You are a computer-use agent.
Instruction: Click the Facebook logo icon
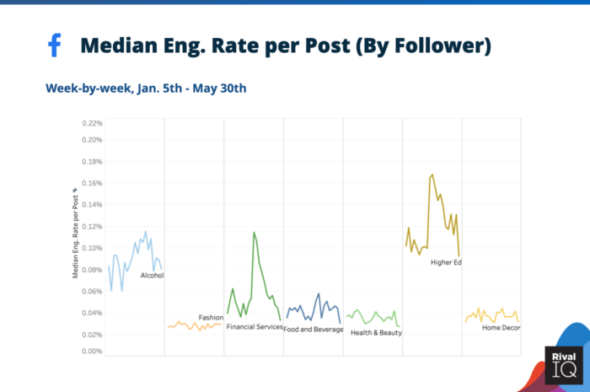click(x=55, y=46)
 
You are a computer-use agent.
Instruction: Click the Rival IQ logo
click(x=562, y=365)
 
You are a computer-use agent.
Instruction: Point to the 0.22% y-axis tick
click(x=91, y=123)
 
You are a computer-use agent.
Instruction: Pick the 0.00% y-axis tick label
click(x=91, y=352)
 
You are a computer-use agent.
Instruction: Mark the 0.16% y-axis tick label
click(x=91, y=183)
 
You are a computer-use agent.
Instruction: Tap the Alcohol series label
click(x=152, y=276)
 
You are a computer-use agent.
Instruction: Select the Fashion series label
click(x=211, y=318)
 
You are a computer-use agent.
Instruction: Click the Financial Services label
click(x=255, y=327)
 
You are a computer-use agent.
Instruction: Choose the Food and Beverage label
click(x=313, y=329)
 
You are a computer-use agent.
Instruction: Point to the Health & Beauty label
click(x=376, y=332)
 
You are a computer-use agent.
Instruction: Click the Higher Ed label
click(x=446, y=262)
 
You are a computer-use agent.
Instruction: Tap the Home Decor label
click(x=501, y=328)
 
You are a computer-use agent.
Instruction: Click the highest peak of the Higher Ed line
click(x=432, y=175)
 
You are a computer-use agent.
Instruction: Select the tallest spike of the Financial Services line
click(x=254, y=233)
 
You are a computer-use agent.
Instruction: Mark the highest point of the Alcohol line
click(x=146, y=231)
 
